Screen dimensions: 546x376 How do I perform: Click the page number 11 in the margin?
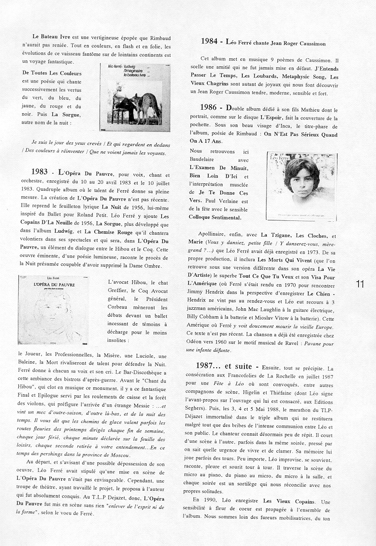point(359,284)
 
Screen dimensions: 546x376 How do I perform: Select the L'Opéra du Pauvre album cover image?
point(56,308)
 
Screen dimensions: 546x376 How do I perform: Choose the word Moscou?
point(117,455)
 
